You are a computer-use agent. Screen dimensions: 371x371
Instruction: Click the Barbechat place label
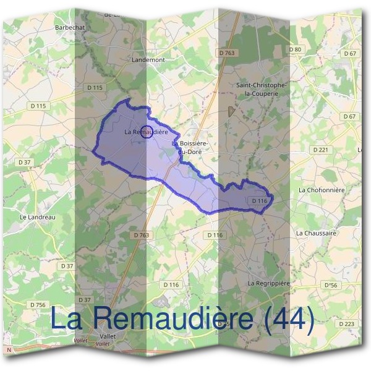tap(69, 28)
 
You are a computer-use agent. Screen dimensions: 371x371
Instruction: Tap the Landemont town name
tap(148, 60)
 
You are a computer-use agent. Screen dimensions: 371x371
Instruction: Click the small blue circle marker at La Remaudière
tap(147, 131)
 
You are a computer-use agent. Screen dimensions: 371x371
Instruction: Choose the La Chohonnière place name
tap(321, 190)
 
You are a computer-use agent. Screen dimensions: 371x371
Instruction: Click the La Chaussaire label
tap(316, 233)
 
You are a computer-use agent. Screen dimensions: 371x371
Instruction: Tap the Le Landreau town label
tap(38, 217)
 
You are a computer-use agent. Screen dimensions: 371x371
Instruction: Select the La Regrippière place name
tap(269, 283)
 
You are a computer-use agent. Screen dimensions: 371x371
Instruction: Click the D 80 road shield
tap(294, 49)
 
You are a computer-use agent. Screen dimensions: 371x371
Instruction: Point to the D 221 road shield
tap(320, 150)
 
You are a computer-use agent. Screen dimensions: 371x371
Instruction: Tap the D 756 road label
tap(38, 305)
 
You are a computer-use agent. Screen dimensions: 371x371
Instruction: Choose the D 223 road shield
tap(348, 324)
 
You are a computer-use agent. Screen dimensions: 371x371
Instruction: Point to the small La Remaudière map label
tap(146, 132)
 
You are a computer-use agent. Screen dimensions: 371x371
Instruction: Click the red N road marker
tap(9, 350)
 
